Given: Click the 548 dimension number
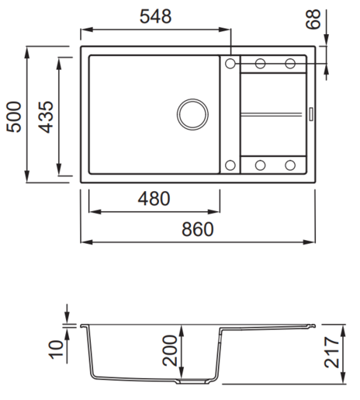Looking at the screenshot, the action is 155,16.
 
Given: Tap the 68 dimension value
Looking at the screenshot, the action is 313,19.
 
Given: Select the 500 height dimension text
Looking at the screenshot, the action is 14,117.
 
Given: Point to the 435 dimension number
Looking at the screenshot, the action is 46,117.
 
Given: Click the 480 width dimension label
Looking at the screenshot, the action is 154,199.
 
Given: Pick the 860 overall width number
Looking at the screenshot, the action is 198,229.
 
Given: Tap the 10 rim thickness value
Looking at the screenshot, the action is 56,350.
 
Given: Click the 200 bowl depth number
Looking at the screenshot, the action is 170,350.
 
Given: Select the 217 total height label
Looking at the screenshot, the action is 332,352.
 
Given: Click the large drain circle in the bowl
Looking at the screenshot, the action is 192,114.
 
